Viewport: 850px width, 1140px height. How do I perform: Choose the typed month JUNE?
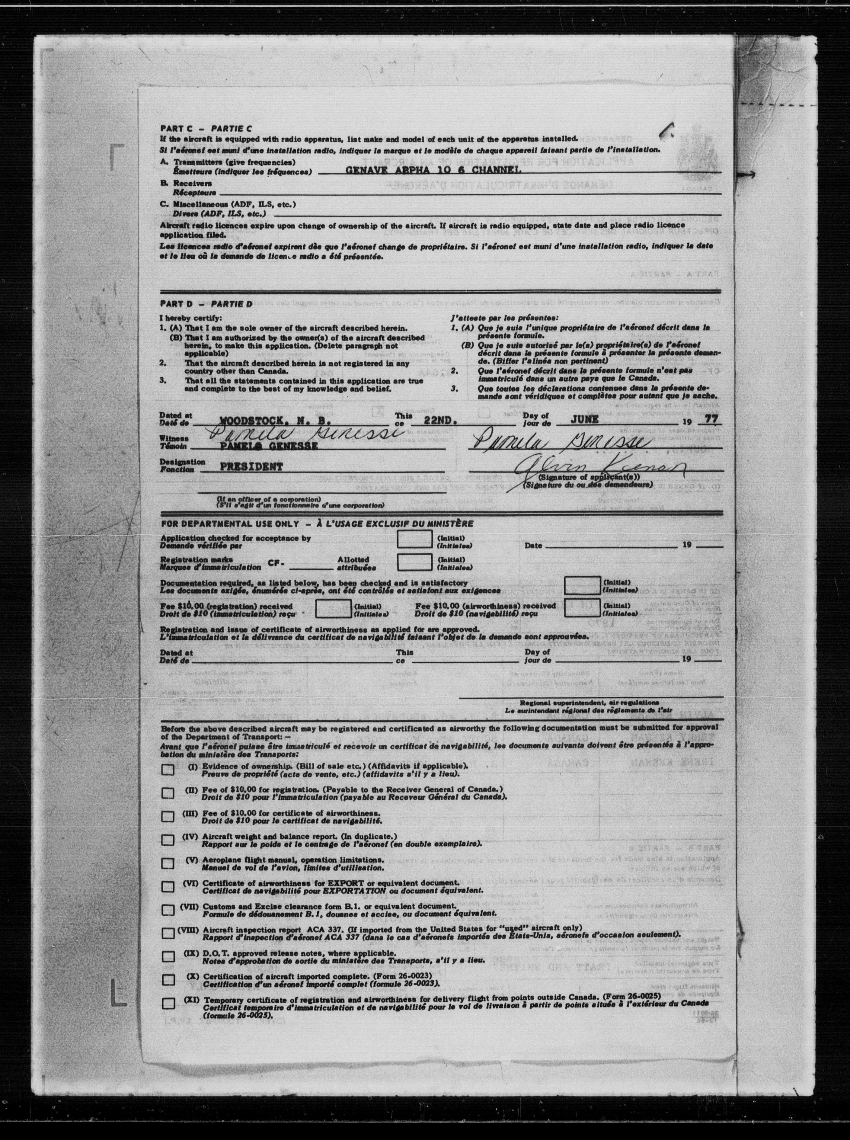click(x=584, y=419)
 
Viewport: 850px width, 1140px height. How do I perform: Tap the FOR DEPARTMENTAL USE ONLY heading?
click(x=229, y=524)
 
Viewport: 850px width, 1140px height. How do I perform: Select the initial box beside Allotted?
click(x=414, y=562)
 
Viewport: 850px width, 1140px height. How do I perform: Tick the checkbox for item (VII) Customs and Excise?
click(x=168, y=909)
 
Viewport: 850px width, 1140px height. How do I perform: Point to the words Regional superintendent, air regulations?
click(x=589, y=702)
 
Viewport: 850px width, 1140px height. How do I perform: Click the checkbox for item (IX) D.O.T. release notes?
click(x=168, y=956)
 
